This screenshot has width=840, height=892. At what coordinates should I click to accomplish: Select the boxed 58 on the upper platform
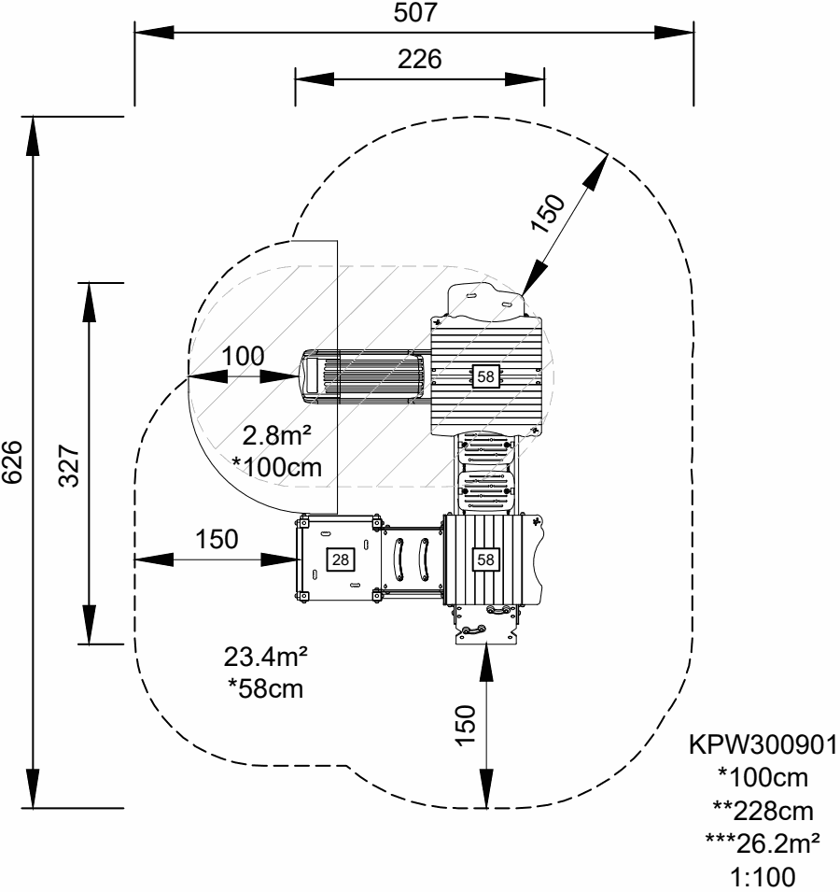pos(486,375)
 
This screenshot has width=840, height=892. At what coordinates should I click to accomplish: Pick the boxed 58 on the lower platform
pos(486,559)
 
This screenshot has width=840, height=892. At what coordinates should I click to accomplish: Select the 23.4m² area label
pos(266,658)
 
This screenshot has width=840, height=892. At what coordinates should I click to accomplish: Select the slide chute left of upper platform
pos(364,376)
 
